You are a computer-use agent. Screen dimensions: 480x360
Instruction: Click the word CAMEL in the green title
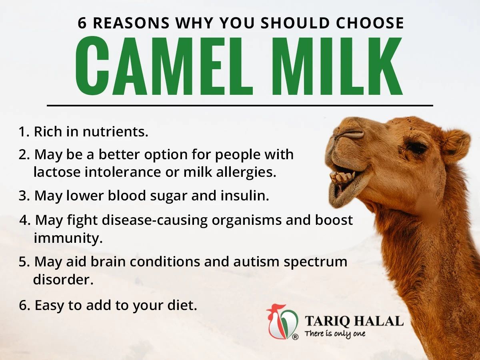(x=164, y=66)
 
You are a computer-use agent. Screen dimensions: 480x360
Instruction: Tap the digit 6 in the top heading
(x=82, y=23)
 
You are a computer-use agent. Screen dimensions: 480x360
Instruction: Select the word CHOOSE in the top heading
(x=370, y=23)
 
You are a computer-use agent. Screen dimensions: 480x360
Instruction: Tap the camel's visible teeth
(x=343, y=177)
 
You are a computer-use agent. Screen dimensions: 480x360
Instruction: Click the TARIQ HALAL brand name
(x=354, y=321)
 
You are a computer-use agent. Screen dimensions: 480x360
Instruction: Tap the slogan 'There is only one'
(x=335, y=334)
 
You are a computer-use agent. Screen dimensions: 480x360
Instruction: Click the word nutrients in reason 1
(x=116, y=132)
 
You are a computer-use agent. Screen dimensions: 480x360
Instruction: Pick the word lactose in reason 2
(x=57, y=172)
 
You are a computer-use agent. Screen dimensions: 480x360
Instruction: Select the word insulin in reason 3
(x=244, y=196)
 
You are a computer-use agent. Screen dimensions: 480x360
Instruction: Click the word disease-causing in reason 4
(x=155, y=220)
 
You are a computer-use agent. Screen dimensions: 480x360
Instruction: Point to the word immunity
(x=68, y=238)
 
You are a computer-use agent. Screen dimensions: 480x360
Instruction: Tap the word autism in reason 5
(x=256, y=262)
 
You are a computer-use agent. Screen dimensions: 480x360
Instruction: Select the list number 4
(x=24, y=220)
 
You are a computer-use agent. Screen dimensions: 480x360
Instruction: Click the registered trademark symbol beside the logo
(x=295, y=337)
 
